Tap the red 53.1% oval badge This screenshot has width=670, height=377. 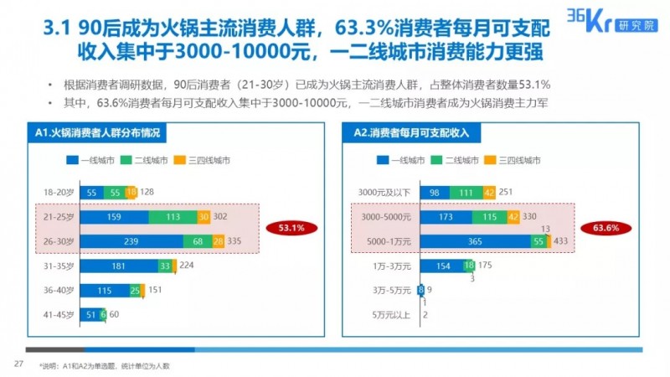coord(286,227)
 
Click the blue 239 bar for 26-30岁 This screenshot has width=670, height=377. coord(133,241)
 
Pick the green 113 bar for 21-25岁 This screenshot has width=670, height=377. coord(173,217)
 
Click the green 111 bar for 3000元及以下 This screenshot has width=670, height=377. coord(466,193)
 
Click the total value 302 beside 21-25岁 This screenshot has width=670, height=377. coord(220,217)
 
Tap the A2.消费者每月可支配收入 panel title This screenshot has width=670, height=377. coord(411,133)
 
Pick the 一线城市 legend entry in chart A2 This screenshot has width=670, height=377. coord(409,159)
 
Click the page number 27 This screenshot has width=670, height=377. coord(17,364)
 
